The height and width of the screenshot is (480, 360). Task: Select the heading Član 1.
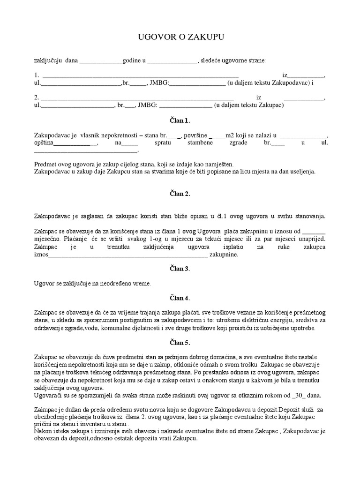(x=180, y=120)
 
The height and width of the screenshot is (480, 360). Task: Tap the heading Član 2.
(x=180, y=193)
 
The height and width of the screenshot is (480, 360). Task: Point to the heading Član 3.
(x=180, y=269)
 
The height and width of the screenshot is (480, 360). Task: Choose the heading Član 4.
(x=180, y=298)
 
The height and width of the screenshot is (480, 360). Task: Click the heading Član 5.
(x=180, y=343)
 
